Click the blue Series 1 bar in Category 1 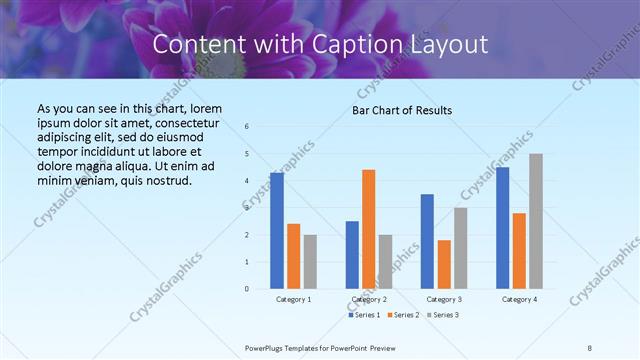click(x=277, y=231)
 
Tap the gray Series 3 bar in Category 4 click(x=536, y=221)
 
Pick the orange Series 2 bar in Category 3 click(x=444, y=264)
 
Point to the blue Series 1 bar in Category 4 click(x=502, y=228)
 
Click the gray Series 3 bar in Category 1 click(x=310, y=262)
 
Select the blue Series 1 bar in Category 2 click(x=352, y=255)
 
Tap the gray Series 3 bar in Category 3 click(x=461, y=248)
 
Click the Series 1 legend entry click(x=364, y=315)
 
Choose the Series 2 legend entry click(x=402, y=315)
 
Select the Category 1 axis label click(x=293, y=299)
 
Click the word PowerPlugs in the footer click(x=265, y=347)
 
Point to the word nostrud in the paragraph click(x=165, y=180)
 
